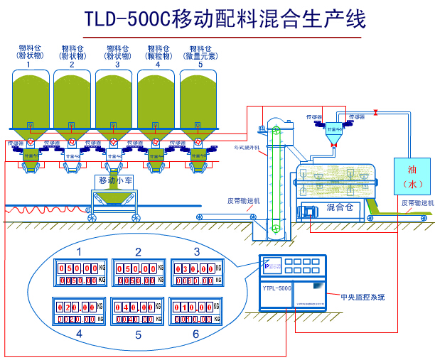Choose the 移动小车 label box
coord(115,180)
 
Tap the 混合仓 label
coord(339,207)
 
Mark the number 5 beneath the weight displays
coord(138,333)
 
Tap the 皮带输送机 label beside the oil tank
coord(416,202)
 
